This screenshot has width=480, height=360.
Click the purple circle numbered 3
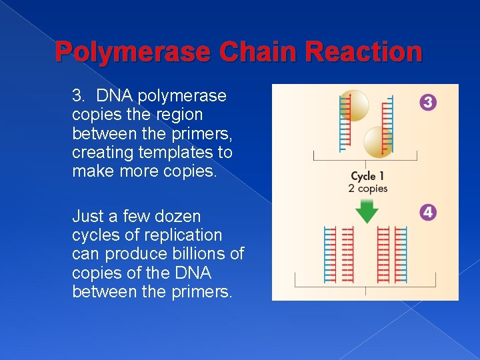(429, 103)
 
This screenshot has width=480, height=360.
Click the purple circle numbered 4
(429, 213)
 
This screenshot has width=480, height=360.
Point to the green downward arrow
(365, 211)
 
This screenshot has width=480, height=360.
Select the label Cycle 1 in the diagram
(367, 177)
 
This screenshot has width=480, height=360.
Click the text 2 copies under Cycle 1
(367, 189)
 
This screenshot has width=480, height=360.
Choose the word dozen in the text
(177, 216)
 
